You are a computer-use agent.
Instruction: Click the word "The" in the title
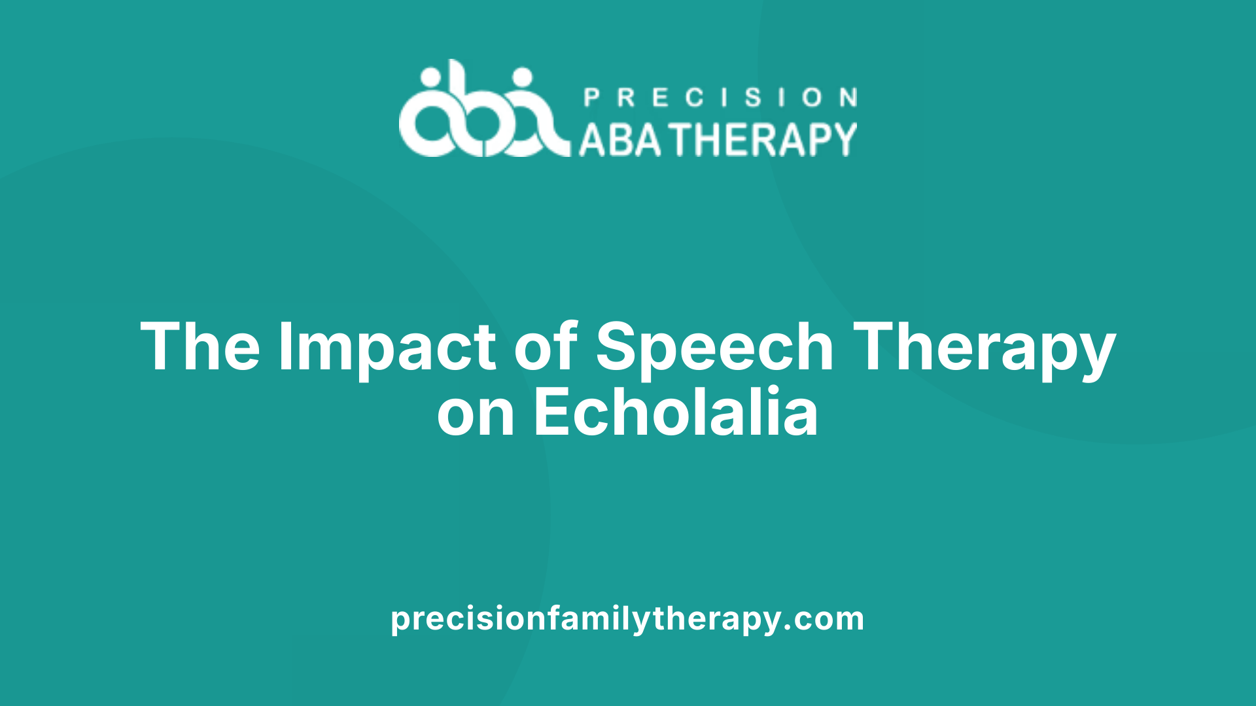[200, 346]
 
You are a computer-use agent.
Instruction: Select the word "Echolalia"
[676, 411]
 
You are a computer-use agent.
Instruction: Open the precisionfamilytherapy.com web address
[627, 618]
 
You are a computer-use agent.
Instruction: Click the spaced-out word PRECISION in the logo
[720, 97]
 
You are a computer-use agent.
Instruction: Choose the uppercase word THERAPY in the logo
[765, 139]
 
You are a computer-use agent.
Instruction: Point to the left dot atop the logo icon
[430, 78]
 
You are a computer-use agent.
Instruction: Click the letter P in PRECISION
[591, 97]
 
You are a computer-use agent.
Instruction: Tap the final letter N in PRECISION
[849, 97]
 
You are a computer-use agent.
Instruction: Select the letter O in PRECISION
[812, 97]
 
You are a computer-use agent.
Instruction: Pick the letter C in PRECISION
[695, 97]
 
